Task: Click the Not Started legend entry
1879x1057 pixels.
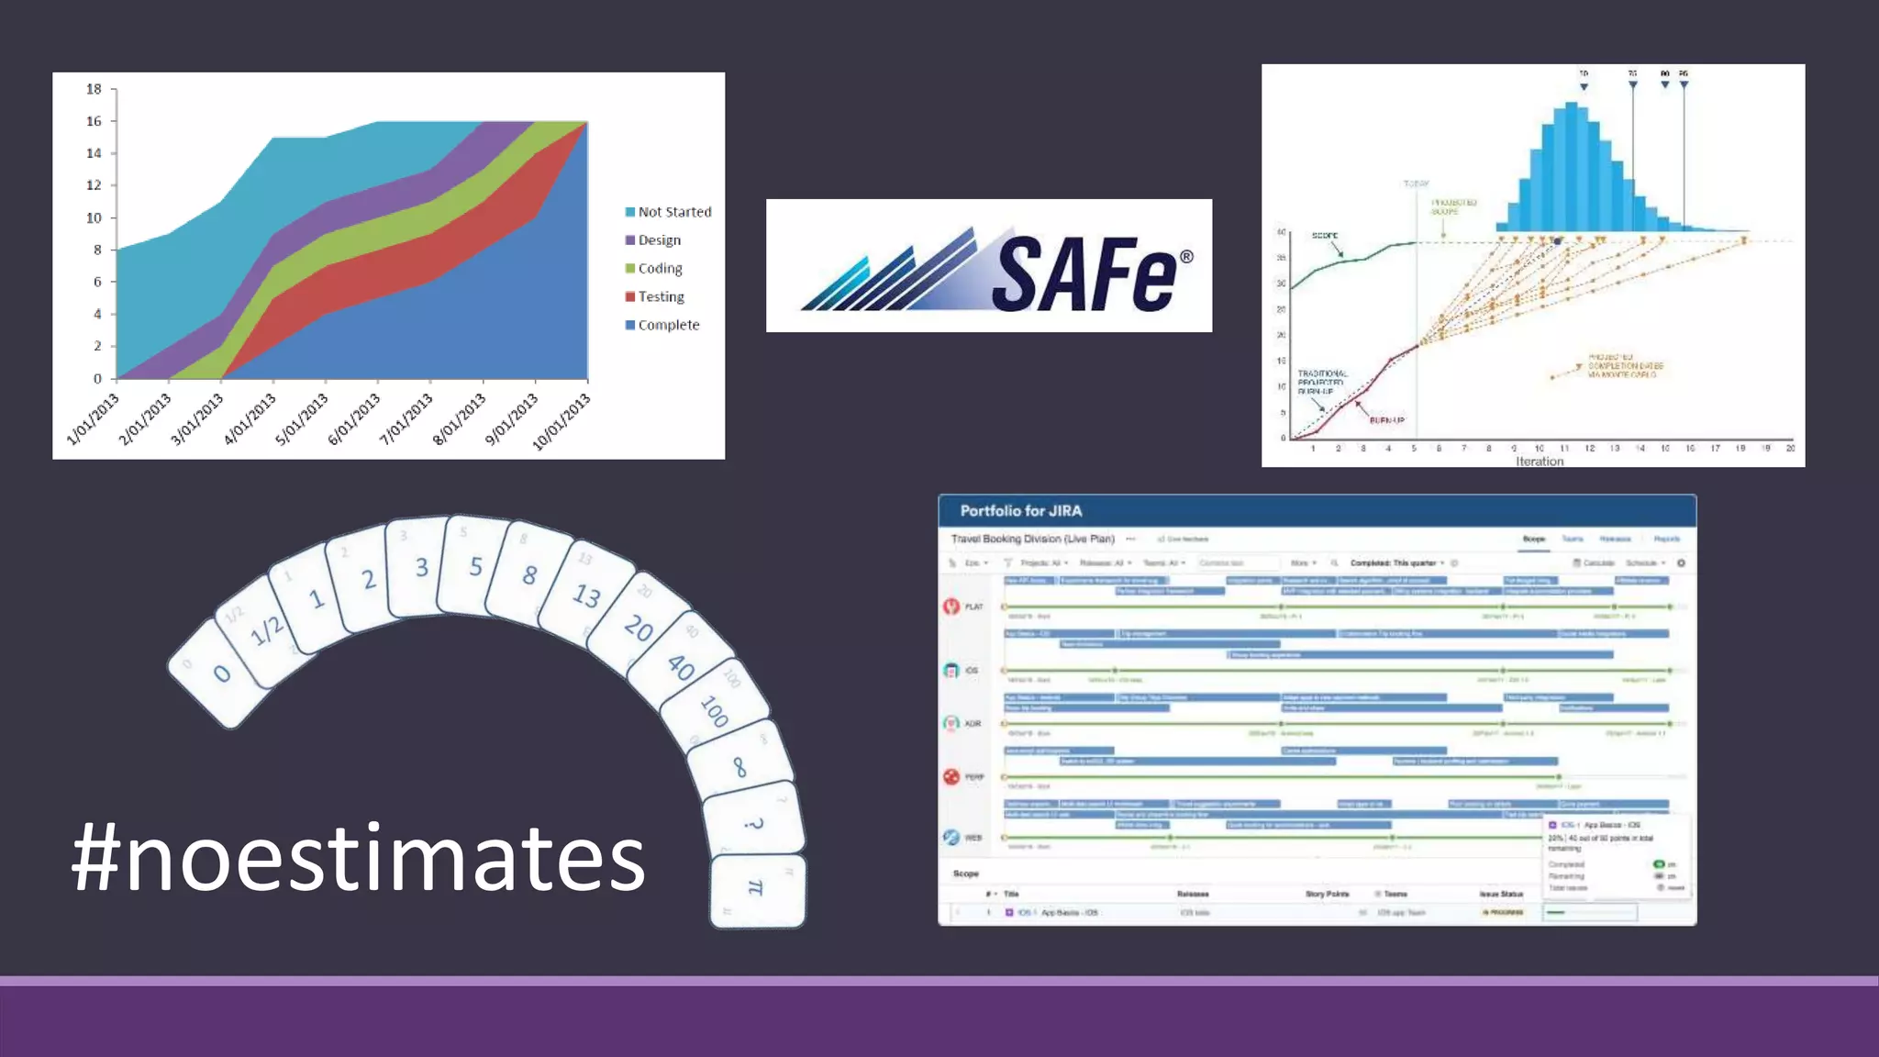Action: click(674, 212)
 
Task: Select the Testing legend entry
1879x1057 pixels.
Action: click(661, 296)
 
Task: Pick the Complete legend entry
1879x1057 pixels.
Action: click(668, 325)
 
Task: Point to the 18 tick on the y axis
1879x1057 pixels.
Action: click(94, 89)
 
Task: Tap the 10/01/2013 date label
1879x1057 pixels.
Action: click(561, 422)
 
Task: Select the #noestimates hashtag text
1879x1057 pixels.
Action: click(359, 858)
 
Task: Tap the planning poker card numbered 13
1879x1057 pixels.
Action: click(586, 595)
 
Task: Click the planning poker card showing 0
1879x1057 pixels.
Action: click(221, 674)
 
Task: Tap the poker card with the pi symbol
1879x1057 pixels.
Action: click(756, 888)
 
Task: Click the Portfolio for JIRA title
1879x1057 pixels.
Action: click(1020, 511)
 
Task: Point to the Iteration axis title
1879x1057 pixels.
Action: click(1540, 462)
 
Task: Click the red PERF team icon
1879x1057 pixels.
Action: click(951, 777)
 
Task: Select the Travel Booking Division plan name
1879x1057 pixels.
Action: click(1032, 539)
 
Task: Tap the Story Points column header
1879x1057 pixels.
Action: click(1327, 894)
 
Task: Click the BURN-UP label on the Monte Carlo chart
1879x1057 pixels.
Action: click(1386, 420)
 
